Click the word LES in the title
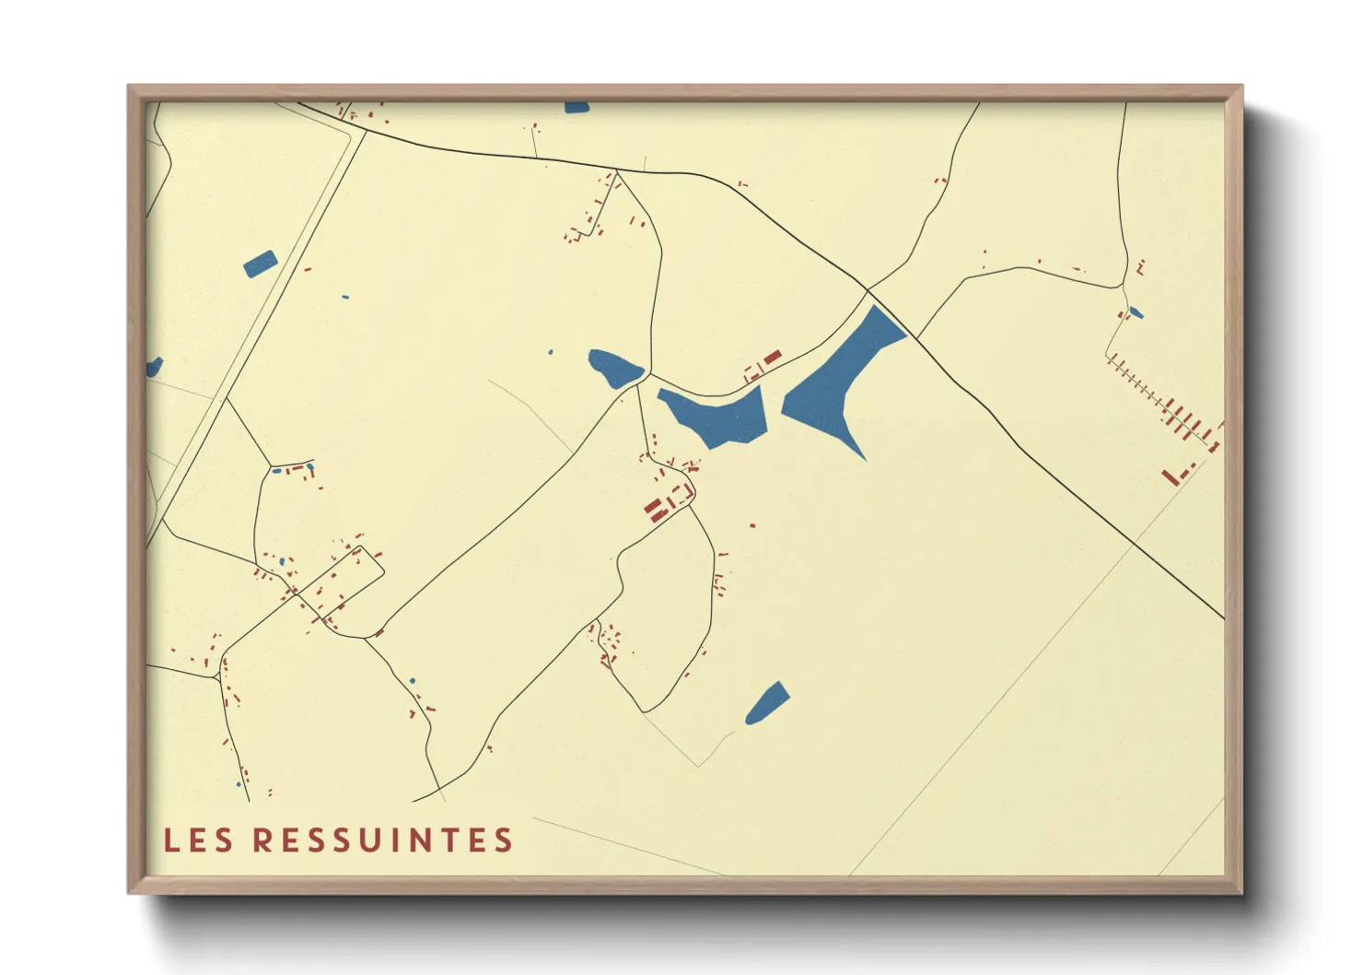click(x=197, y=840)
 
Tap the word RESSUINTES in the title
click(x=382, y=840)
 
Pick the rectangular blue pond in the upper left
click(x=261, y=264)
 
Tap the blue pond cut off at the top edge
click(x=577, y=108)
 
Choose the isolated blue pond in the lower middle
click(x=767, y=704)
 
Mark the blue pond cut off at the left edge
click(x=153, y=368)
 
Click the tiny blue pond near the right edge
click(x=1136, y=313)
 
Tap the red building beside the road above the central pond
click(x=772, y=357)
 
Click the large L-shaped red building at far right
click(x=1174, y=475)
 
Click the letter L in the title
click(x=171, y=840)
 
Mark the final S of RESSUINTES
click(x=503, y=840)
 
